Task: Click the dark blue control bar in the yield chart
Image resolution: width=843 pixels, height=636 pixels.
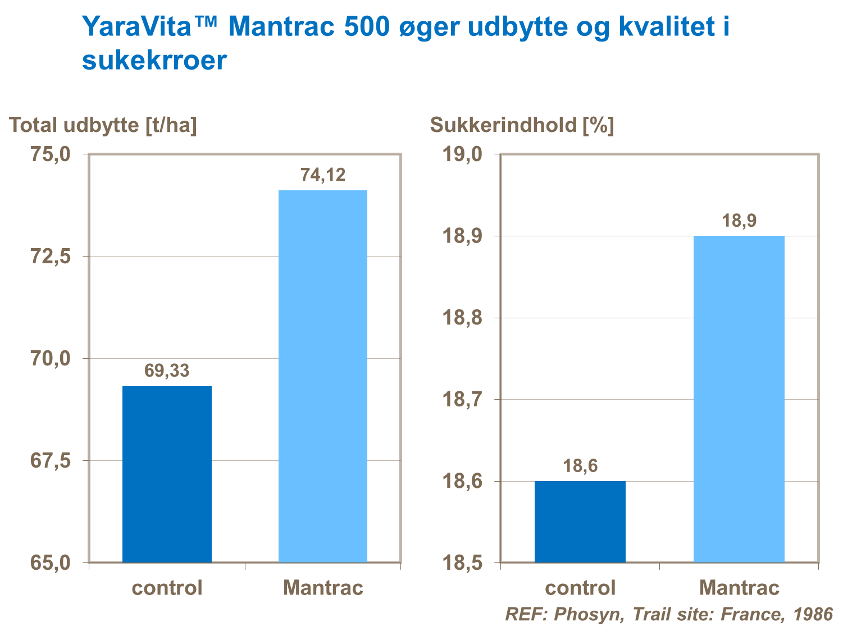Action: point(167,474)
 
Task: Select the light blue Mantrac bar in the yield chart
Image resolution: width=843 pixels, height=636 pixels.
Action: point(323,376)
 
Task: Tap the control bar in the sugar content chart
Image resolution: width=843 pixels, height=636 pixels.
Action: point(580,521)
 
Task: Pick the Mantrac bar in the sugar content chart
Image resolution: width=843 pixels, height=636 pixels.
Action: point(739,399)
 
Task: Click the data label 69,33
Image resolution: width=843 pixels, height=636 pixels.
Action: point(167,371)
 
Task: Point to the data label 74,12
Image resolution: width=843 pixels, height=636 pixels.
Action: point(323,175)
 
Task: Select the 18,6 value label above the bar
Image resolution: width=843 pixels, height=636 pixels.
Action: point(580,466)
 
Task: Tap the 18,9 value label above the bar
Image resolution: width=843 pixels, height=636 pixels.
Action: point(739,221)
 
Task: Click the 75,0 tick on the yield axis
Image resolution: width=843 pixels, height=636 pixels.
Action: point(50,154)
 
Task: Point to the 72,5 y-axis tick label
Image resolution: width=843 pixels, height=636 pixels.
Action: point(50,257)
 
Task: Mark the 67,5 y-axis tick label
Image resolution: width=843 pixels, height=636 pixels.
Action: point(50,461)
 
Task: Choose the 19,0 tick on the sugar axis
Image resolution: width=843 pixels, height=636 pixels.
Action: point(463,154)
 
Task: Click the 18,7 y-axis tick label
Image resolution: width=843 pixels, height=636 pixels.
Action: point(463,400)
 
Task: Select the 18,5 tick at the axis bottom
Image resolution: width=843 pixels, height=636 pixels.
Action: point(463,562)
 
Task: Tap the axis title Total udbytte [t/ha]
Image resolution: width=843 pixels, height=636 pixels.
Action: point(103,125)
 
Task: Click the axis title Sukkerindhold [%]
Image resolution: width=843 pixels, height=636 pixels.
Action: point(522,125)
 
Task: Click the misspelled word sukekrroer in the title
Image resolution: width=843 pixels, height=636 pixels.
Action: point(154,61)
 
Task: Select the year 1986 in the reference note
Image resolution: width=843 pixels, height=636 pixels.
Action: point(813,614)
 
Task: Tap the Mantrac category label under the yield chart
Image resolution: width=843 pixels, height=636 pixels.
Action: point(323,588)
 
